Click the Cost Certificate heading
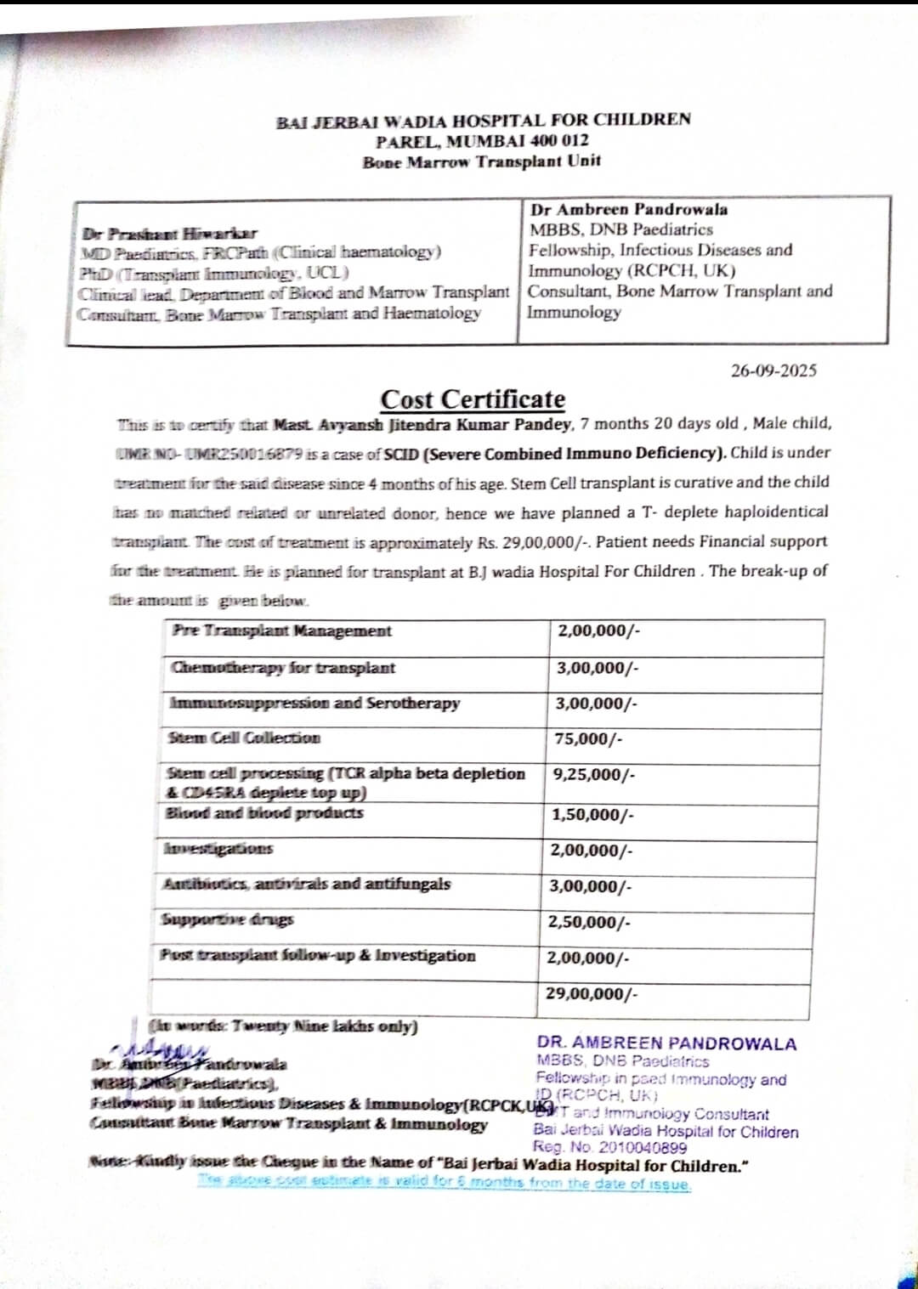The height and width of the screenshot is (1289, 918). click(x=473, y=399)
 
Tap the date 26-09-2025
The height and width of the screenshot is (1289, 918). click(x=773, y=370)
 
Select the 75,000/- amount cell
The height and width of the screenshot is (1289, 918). click(x=588, y=739)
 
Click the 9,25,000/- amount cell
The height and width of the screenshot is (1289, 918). click(x=594, y=775)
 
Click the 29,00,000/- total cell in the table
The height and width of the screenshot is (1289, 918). click(x=592, y=993)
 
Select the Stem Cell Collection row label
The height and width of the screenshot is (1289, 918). click(x=244, y=738)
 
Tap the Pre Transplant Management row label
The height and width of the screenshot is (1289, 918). click(x=281, y=630)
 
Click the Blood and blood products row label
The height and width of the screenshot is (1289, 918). click(x=264, y=813)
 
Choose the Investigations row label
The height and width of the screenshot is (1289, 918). click(x=218, y=849)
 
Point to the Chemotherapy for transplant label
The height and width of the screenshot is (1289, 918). click(x=283, y=668)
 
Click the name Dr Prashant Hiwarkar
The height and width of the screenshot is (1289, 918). click(x=170, y=233)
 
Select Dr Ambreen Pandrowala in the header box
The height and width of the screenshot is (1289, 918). click(x=629, y=209)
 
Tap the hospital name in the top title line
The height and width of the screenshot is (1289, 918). click(x=483, y=121)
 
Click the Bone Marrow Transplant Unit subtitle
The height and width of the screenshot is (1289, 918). click(x=481, y=161)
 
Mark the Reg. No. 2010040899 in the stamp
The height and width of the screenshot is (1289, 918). click(x=610, y=1148)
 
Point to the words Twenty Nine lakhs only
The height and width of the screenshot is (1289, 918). click(x=283, y=1026)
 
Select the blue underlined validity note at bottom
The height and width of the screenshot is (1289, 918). click(x=445, y=1182)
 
